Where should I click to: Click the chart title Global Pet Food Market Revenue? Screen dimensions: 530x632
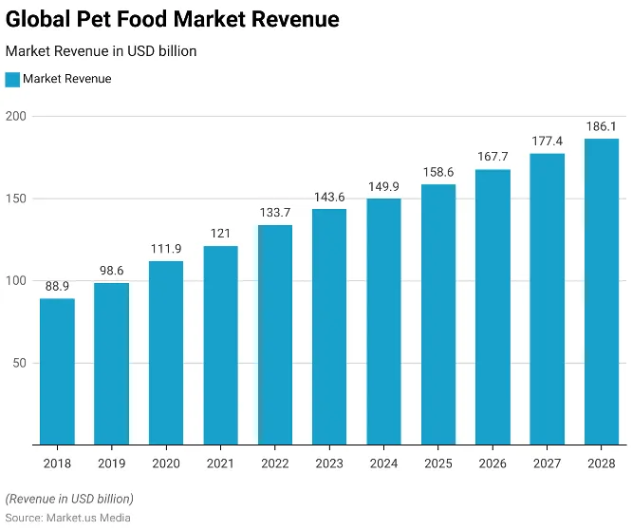point(173,19)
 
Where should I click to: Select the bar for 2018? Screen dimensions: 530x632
point(57,370)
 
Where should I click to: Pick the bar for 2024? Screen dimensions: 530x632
point(383,321)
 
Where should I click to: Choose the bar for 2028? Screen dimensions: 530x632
point(602,292)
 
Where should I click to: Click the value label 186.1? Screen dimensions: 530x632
point(602,126)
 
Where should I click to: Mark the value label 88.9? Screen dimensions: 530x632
point(57,286)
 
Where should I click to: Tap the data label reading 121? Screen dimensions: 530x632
point(220,233)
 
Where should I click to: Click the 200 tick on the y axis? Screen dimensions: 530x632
point(17,117)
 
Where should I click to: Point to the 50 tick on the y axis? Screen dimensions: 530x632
point(21,363)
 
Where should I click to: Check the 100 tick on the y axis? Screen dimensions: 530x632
point(17,281)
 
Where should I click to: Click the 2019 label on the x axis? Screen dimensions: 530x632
point(111,463)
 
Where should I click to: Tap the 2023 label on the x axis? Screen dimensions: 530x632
point(329,463)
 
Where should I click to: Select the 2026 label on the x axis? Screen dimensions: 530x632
point(493,463)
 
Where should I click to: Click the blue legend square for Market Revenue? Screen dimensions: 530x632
point(12,80)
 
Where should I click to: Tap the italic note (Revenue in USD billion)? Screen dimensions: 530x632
point(69,499)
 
